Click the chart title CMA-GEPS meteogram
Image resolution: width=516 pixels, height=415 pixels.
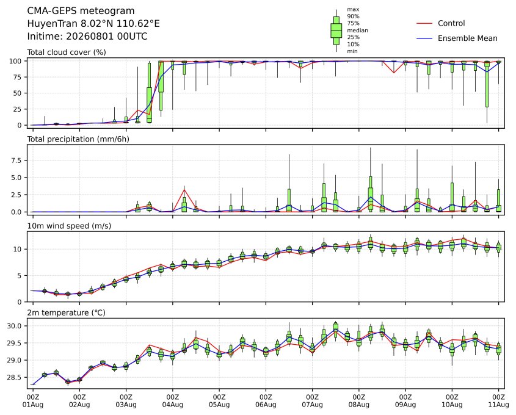[81, 11]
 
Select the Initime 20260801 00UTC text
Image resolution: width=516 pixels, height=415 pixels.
[87, 36]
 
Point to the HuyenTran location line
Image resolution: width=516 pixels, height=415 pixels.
[93, 24]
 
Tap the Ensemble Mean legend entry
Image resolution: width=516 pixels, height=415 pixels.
[457, 38]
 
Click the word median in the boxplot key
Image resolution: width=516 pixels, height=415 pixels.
[357, 31]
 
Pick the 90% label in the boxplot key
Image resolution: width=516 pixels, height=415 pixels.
[353, 16]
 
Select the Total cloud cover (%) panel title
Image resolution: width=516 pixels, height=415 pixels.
[67, 52]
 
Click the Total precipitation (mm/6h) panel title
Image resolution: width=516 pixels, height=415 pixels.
[78, 139]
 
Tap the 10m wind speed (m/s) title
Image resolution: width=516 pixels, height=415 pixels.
[69, 226]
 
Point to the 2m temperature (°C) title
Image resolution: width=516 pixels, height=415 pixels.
[66, 312]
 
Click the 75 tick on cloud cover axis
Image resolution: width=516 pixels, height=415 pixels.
[17, 77]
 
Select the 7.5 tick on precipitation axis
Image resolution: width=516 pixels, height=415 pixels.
[16, 161]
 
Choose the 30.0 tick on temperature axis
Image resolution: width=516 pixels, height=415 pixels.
[14, 327]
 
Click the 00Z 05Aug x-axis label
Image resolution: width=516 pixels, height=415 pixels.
[219, 400]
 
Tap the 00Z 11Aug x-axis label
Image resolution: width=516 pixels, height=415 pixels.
[498, 400]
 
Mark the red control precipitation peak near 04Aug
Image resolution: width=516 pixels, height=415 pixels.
[184, 189]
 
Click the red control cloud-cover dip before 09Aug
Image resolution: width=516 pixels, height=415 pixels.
[394, 73]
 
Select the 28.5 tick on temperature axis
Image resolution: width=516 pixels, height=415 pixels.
[14, 378]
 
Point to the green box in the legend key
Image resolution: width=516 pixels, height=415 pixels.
[336, 31]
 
